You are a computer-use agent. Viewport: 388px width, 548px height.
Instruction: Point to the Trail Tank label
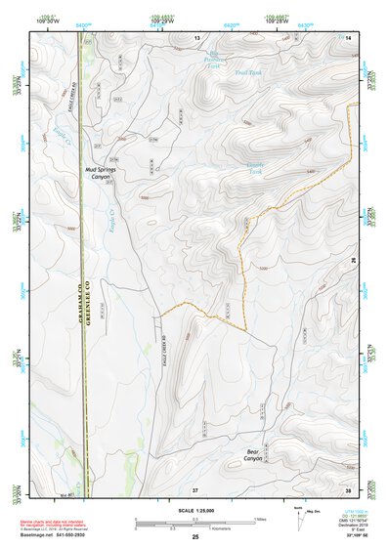click(248, 72)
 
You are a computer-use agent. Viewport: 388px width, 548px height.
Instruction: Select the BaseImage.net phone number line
click(48, 537)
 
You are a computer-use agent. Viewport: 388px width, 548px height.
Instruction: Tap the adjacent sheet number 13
click(196, 36)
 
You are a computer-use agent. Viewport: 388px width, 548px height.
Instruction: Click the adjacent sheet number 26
click(354, 261)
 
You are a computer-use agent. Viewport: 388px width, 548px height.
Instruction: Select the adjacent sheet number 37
click(195, 488)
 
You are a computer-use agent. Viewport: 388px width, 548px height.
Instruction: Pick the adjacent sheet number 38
click(348, 488)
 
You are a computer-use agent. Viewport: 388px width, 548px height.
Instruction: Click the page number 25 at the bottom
click(195, 537)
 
